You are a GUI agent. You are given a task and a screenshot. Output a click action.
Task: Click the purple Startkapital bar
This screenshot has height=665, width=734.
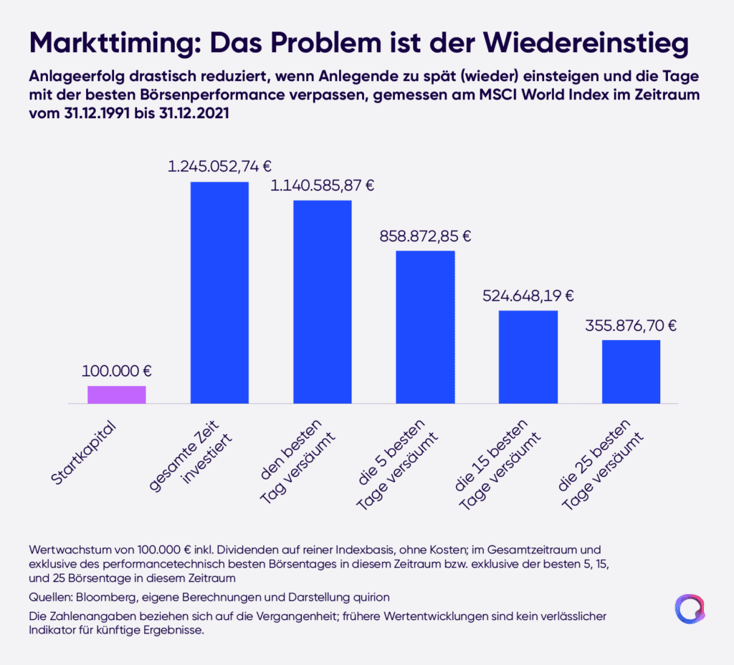click(x=117, y=395)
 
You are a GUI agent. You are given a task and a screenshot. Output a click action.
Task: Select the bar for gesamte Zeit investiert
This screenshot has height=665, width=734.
click(x=219, y=293)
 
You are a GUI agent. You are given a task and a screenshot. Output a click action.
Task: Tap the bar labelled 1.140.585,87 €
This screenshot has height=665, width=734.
click(x=323, y=302)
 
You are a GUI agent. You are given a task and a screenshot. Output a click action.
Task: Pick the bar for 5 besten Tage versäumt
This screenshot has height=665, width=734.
click(x=426, y=327)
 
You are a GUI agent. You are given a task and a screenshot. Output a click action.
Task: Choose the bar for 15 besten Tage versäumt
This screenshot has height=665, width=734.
click(x=528, y=357)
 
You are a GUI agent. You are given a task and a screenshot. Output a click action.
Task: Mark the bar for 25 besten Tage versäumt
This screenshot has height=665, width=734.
click(x=631, y=372)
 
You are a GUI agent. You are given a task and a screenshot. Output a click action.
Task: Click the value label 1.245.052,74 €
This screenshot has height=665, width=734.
click(x=219, y=167)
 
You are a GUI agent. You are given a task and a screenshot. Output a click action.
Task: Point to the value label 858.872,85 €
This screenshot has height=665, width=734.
click(x=426, y=236)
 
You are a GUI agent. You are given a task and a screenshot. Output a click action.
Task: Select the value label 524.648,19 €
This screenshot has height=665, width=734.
click(x=528, y=295)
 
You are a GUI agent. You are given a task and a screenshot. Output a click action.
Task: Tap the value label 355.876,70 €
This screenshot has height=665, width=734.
click(x=631, y=325)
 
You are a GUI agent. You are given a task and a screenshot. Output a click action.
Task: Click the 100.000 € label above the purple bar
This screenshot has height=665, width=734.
click(x=117, y=371)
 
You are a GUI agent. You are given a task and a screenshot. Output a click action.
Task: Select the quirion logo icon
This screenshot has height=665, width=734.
click(x=690, y=608)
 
